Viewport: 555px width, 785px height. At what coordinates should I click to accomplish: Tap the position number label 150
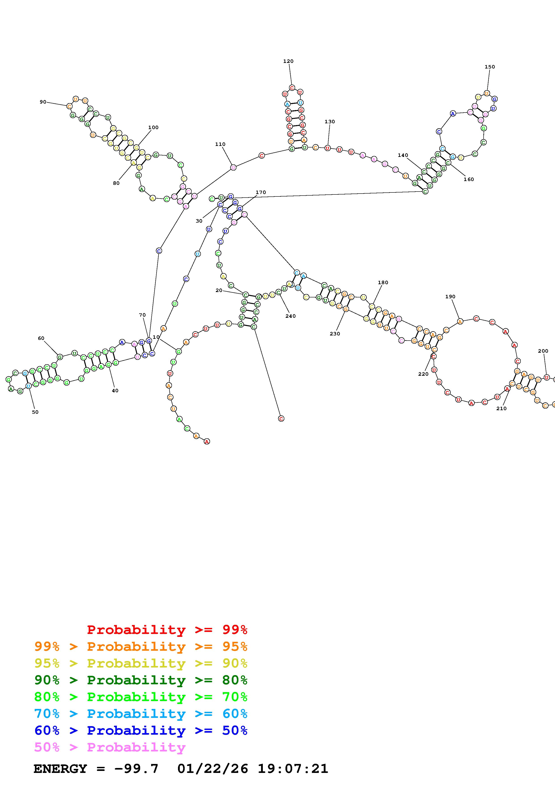(489, 67)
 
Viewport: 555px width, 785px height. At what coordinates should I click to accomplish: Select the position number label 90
(43, 102)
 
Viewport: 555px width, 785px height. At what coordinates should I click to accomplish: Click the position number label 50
(35, 412)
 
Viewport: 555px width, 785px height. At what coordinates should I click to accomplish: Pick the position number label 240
(290, 316)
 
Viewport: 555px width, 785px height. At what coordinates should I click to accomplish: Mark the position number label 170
(261, 192)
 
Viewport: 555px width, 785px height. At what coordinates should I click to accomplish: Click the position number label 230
(335, 334)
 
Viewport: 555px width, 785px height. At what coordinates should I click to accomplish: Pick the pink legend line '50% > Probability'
(110, 747)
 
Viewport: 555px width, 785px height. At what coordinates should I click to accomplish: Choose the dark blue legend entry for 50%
(141, 730)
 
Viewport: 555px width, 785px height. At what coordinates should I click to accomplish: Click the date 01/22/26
(213, 769)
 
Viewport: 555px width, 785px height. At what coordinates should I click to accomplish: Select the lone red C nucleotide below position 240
(281, 418)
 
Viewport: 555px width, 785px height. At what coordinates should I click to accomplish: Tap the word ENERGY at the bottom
(60, 769)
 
